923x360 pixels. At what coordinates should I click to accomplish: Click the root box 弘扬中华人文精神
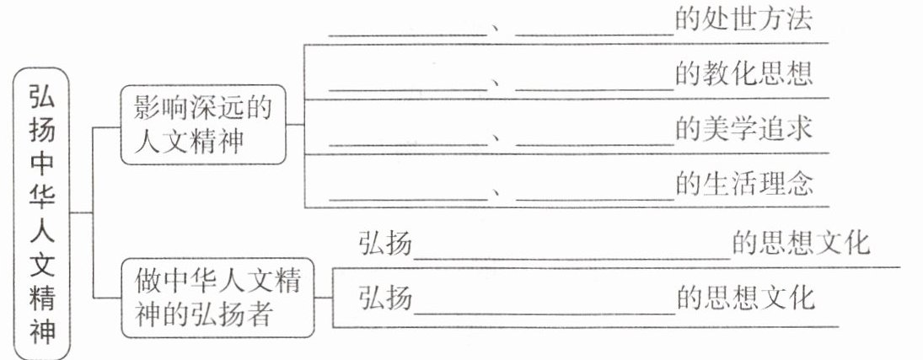point(41,213)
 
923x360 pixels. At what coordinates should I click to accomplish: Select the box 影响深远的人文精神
point(203,124)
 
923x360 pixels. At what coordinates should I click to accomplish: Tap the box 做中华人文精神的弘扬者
point(217,298)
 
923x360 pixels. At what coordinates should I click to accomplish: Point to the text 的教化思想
point(743,75)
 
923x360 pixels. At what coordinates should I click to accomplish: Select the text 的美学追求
point(743,129)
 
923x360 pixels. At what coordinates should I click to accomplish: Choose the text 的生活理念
point(744,184)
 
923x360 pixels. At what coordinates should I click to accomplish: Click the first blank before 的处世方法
point(408,35)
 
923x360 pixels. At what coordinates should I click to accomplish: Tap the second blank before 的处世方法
point(594,35)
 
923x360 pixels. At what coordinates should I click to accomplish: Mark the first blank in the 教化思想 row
point(408,90)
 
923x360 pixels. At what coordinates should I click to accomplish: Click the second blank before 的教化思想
point(594,90)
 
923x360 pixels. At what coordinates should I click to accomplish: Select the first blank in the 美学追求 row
point(408,144)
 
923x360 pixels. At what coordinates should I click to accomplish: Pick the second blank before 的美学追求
point(594,144)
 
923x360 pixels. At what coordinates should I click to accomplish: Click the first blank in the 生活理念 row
point(408,199)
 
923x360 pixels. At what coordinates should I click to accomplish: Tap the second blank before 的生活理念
point(594,199)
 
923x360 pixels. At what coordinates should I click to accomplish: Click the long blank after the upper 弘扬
point(572,258)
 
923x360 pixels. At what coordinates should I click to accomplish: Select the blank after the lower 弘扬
point(545,313)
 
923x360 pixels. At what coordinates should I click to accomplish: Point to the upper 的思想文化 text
point(801,243)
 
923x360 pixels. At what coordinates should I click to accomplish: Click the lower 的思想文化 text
point(746,298)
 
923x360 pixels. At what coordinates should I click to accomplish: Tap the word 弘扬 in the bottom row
point(385,298)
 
